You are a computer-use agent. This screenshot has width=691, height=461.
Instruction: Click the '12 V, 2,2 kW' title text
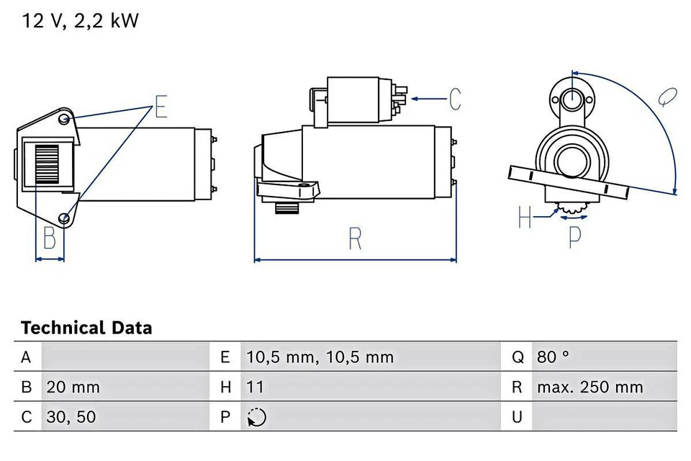80,21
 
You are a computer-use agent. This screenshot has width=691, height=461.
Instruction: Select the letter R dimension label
354,239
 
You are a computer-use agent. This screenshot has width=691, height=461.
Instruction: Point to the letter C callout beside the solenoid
454,99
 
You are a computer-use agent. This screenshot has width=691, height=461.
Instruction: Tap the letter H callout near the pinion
525,216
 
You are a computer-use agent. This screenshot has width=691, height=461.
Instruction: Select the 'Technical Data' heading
86,328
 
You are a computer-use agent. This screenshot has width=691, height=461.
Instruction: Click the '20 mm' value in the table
73,387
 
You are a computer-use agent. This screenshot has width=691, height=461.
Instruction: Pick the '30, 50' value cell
71,417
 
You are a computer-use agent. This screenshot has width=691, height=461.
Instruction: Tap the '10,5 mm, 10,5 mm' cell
320,357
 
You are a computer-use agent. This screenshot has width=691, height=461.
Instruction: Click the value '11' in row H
255,387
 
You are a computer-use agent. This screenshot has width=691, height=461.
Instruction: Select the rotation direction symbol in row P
256,417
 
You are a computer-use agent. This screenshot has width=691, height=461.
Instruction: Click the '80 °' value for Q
553,357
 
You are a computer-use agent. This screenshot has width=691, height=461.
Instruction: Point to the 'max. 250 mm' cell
590,387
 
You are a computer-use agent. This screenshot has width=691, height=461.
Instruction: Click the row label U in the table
516,417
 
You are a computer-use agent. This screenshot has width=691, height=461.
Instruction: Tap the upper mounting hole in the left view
65,118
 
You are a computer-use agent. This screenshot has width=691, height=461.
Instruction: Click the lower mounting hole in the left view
65,218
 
